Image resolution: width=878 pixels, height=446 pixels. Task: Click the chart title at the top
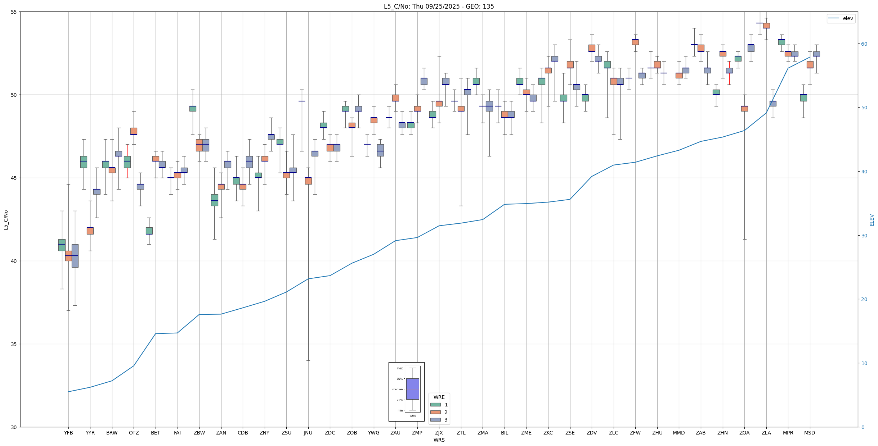[x=439, y=6]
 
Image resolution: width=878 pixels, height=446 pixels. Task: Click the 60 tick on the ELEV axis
[x=864, y=44]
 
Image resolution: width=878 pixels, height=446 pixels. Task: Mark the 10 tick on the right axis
[x=864, y=363]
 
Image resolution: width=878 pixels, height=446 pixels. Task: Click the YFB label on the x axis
[x=68, y=433]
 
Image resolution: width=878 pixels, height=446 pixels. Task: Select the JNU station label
[x=308, y=433]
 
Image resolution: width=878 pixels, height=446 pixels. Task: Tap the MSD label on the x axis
[x=810, y=433]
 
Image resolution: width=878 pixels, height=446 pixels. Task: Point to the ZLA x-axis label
[x=766, y=433]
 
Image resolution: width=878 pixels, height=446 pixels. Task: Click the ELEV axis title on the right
[x=872, y=220]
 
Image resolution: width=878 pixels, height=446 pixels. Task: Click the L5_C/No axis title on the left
[x=6, y=220]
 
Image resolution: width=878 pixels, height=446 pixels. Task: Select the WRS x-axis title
[x=439, y=440]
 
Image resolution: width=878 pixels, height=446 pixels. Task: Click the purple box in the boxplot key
[x=412, y=389]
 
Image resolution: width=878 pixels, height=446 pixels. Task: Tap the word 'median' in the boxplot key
[x=398, y=390]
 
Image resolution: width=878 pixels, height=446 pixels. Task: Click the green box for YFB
[x=62, y=245]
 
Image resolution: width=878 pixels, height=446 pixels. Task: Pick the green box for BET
[x=149, y=231]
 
